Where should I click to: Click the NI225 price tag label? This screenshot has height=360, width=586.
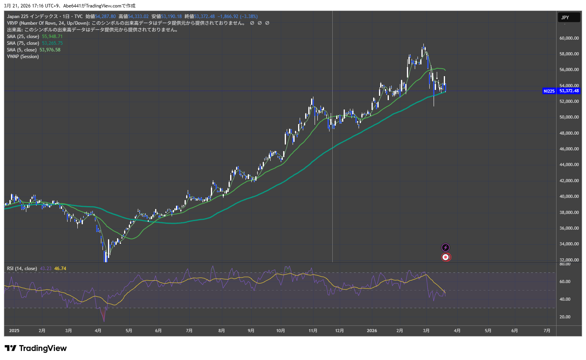point(549,91)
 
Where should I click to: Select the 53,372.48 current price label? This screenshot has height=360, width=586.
point(569,91)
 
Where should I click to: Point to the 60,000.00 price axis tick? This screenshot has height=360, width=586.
point(569,38)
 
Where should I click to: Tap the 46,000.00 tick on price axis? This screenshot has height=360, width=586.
point(569,149)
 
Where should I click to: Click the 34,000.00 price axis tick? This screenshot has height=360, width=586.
point(569,244)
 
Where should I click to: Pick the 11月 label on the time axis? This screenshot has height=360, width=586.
point(313,331)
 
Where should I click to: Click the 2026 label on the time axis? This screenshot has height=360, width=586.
point(372,331)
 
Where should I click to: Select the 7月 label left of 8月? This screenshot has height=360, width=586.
point(189,331)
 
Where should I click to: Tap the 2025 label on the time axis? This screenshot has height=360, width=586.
point(14,331)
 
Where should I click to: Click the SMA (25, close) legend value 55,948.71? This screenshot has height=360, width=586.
point(52,37)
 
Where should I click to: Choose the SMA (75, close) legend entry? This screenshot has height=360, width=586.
point(23,43)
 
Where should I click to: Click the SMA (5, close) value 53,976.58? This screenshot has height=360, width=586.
point(50,50)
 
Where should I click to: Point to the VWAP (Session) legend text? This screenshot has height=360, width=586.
point(23,57)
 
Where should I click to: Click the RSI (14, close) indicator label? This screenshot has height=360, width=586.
point(22,269)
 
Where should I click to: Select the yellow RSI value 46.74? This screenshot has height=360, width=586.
point(60,269)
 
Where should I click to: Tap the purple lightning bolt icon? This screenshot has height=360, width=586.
point(445,247)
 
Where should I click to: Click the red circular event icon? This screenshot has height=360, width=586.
point(445,257)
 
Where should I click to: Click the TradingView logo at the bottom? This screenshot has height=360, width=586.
point(36,348)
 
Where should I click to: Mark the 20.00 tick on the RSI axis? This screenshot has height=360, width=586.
point(565,317)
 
